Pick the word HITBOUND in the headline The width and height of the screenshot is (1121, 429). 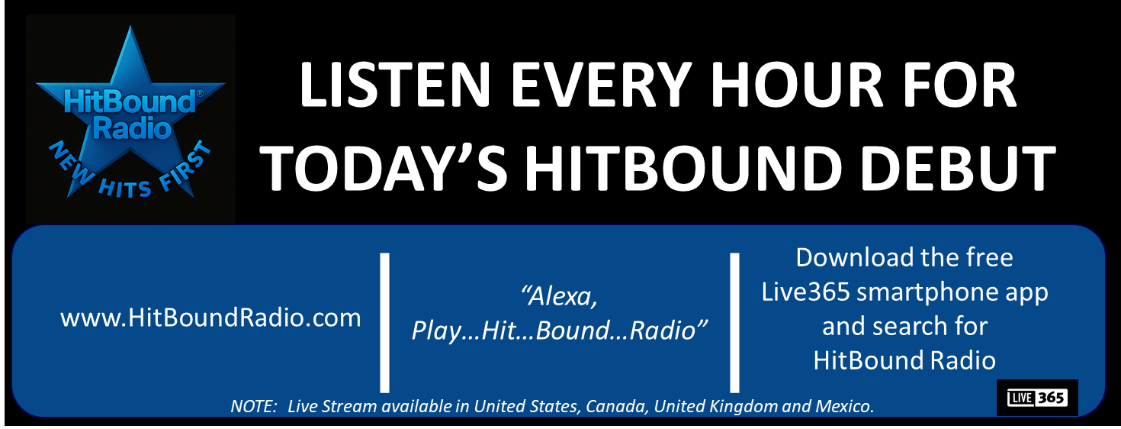pos(683,167)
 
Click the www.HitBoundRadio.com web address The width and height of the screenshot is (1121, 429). pos(210,318)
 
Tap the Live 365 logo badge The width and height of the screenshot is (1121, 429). pos(1037,398)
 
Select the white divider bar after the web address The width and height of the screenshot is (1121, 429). pos(384,323)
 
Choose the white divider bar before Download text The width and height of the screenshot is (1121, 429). pos(734,323)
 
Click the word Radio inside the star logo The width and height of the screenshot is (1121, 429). pos(132,128)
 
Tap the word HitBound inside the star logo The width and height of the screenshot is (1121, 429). pos(130,102)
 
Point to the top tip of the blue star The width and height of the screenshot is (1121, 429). pos(130,25)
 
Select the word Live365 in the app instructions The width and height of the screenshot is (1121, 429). pos(805,292)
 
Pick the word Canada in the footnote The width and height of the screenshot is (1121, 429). pos(616,406)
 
